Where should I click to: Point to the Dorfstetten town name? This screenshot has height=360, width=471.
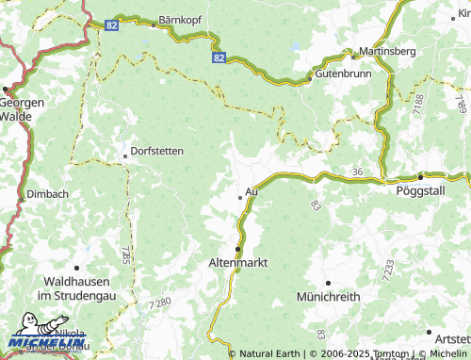(x=157, y=151)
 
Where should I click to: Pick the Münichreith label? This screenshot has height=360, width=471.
(x=329, y=297)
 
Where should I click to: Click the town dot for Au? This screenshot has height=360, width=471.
(x=239, y=198)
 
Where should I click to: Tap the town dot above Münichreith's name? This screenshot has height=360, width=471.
(x=328, y=283)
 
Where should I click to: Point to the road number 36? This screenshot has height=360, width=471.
(x=356, y=172)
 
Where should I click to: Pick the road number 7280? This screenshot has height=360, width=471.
(x=161, y=302)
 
